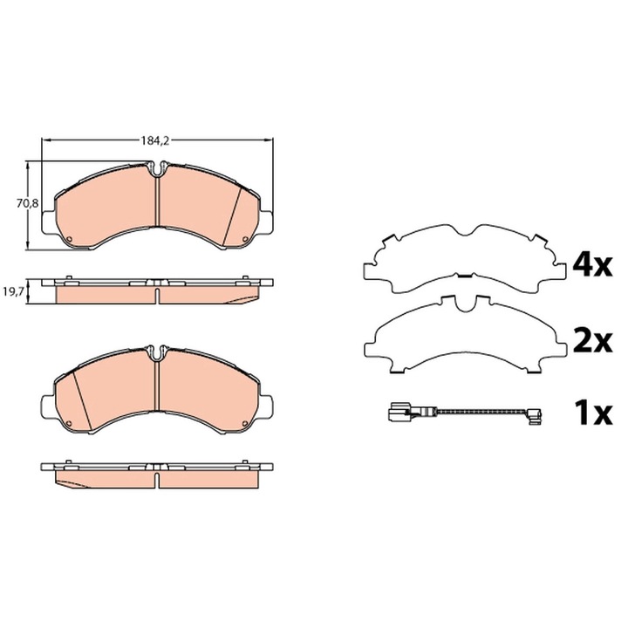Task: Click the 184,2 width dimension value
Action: (x=155, y=140)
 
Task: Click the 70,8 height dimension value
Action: (x=27, y=203)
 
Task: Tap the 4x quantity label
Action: (x=593, y=265)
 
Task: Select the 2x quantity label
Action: (x=593, y=341)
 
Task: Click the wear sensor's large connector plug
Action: (x=398, y=412)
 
